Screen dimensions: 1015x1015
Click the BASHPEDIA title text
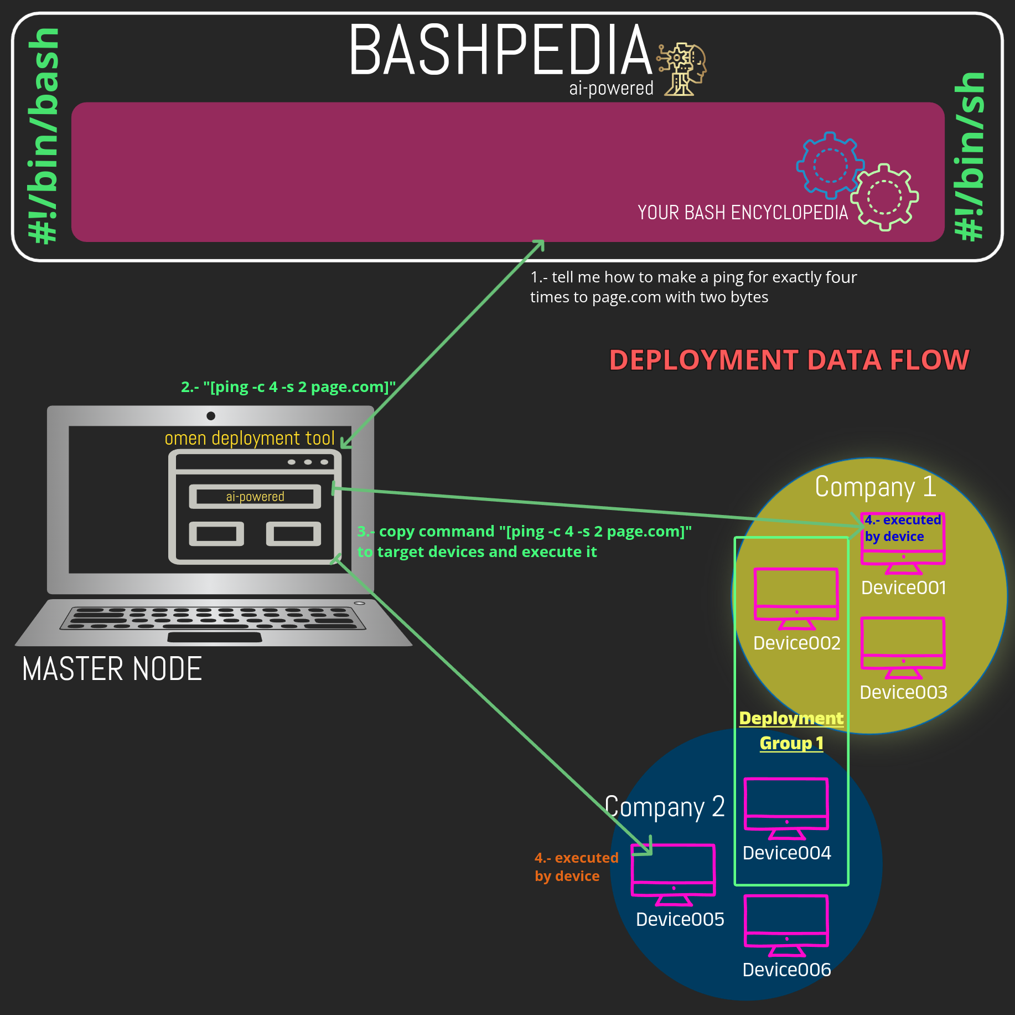(x=500, y=50)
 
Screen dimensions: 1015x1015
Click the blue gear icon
(x=829, y=165)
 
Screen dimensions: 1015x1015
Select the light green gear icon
(x=884, y=197)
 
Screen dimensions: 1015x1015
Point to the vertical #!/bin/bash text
(x=44, y=136)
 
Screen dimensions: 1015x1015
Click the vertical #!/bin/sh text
(x=970, y=156)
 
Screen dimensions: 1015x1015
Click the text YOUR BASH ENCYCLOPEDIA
(x=742, y=213)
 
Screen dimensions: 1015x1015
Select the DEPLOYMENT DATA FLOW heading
(x=789, y=360)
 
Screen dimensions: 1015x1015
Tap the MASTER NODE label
(x=112, y=669)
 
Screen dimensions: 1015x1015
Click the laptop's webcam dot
(x=211, y=416)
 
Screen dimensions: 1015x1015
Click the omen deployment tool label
(x=250, y=438)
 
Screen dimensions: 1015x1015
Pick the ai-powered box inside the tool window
(x=255, y=497)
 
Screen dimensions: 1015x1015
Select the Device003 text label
(x=903, y=692)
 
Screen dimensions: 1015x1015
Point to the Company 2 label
(x=664, y=807)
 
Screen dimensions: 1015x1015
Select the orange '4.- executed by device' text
(x=576, y=867)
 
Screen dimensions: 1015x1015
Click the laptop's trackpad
(x=214, y=637)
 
